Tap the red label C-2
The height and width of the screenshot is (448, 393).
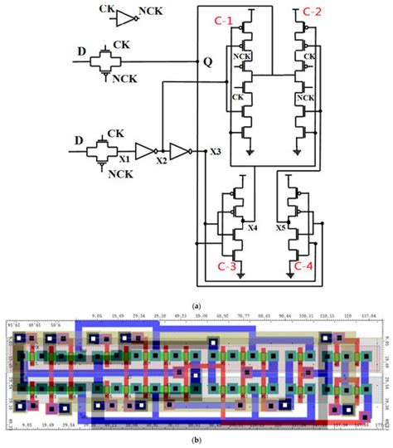click(x=313, y=12)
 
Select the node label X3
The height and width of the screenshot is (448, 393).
click(x=214, y=152)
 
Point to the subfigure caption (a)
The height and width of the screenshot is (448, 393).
click(x=196, y=306)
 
